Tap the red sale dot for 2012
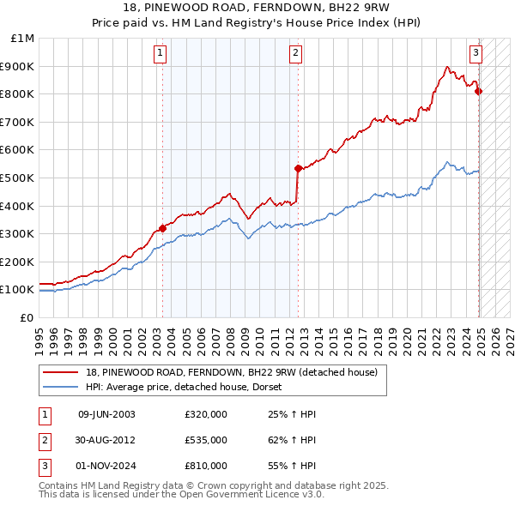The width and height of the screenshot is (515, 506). [298, 168]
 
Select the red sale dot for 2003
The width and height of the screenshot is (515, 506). [162, 228]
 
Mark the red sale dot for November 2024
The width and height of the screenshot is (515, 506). [479, 91]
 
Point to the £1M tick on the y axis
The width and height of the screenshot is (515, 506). [23, 39]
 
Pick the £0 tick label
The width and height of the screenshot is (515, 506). [26, 317]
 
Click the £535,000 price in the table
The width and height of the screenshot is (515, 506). [206, 440]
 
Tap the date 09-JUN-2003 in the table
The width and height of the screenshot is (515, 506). [106, 414]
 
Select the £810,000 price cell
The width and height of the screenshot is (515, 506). [206, 466]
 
